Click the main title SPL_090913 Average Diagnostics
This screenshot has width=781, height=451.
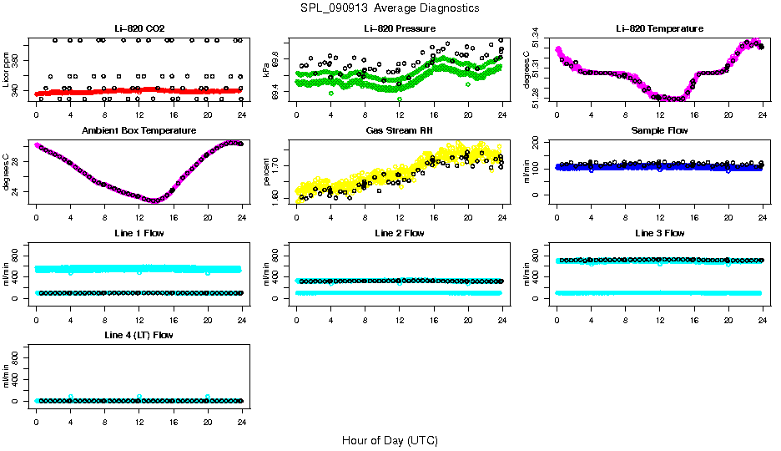pos(390,8)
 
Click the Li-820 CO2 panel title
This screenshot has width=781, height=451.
pos(139,29)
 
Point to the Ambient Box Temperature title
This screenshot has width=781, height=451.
pos(139,131)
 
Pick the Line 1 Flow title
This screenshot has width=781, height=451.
pos(139,233)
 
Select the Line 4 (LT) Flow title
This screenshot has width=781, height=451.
pos(139,335)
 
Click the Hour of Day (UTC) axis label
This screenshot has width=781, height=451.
pos(390,440)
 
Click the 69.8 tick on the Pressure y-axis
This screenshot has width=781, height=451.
pos(276,50)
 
